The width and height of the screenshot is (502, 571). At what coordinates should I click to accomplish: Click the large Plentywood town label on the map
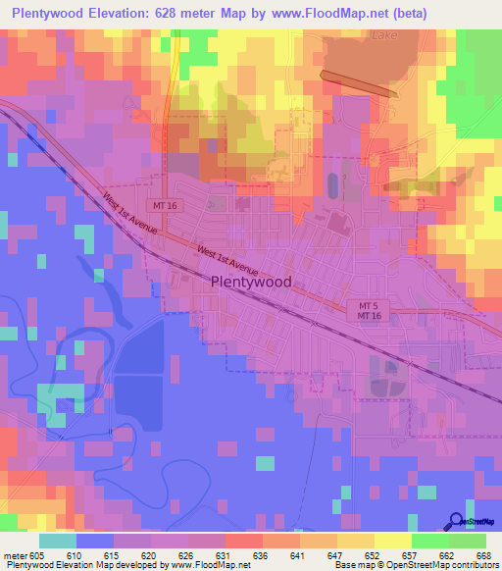pyautogui.click(x=251, y=281)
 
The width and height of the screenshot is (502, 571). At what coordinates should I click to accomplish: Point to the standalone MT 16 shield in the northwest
pyautogui.click(x=164, y=204)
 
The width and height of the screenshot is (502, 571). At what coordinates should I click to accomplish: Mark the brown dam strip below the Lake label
pyautogui.click(x=359, y=84)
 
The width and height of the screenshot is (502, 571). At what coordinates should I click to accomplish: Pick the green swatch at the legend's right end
pyautogui.click(x=468, y=542)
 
